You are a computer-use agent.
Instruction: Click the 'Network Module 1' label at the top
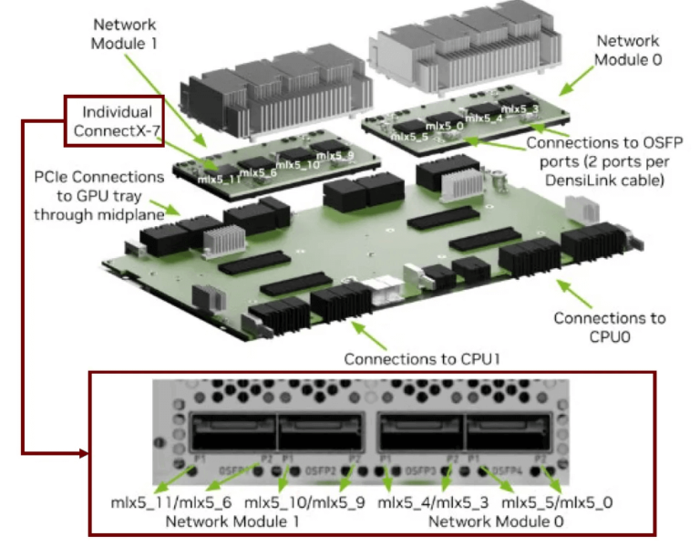click(125, 33)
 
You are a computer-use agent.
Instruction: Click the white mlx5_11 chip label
click(218, 180)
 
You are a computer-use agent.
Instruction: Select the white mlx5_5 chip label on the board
click(409, 136)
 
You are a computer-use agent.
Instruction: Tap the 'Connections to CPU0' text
click(609, 327)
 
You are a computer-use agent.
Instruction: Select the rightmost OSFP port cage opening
click(507, 429)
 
